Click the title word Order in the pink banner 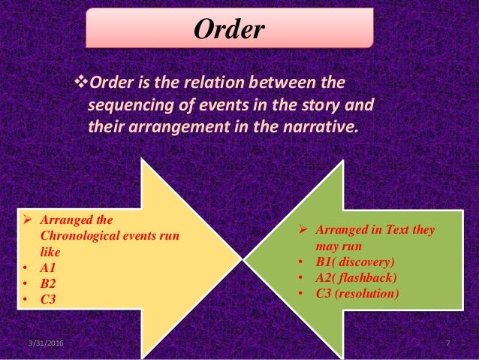tap(230, 29)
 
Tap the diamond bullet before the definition tap(83, 80)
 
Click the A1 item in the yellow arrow tap(48, 268)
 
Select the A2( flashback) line tap(357, 277)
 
